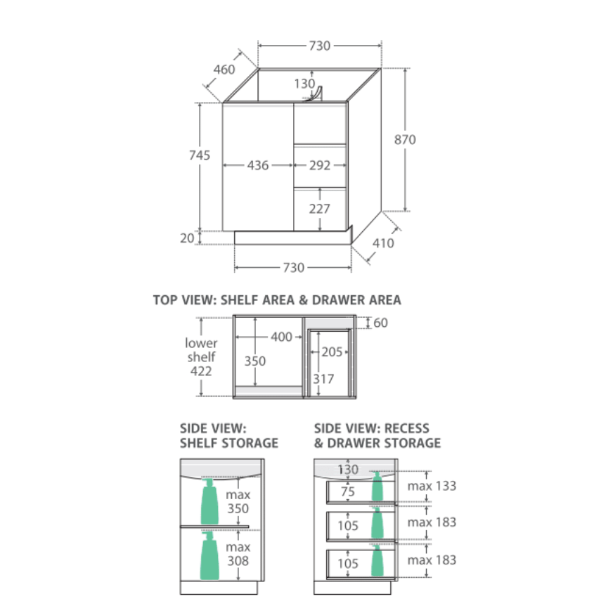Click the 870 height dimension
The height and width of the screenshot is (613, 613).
(405, 140)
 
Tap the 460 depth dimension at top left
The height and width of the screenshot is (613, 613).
(224, 70)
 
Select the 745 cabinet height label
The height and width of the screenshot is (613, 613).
(200, 155)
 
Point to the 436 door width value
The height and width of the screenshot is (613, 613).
(257, 165)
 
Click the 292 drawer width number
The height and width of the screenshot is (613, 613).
(320, 165)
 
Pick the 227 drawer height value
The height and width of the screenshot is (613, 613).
(319, 209)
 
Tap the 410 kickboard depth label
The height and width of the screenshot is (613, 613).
(383, 243)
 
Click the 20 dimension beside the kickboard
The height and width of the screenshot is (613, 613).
(187, 238)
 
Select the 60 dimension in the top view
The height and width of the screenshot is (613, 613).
(380, 323)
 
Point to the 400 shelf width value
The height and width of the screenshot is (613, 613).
(281, 337)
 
